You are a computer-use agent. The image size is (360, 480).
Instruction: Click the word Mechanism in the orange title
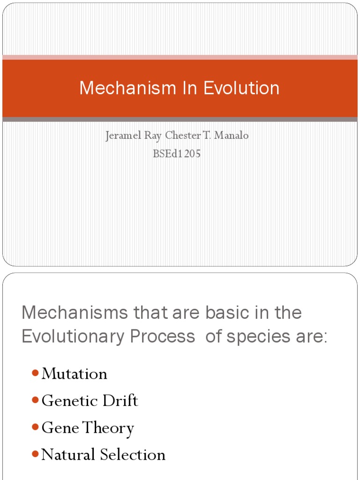point(127,88)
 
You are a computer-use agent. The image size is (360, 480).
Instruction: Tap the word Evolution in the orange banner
point(241,88)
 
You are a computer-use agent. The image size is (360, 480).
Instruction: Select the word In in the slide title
point(190,88)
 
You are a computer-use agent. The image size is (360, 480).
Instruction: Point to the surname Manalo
point(231,135)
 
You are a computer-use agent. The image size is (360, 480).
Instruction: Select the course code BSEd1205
point(177,153)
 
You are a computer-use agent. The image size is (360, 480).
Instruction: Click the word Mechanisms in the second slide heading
point(75,312)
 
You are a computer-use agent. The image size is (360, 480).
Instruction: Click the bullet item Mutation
point(75,374)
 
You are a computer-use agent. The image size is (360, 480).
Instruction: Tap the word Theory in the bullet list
point(108,428)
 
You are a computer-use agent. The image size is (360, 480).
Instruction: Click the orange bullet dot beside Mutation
point(35,373)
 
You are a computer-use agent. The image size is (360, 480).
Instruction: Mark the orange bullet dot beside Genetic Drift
point(35,400)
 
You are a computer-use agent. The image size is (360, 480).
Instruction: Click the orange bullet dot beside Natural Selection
point(35,454)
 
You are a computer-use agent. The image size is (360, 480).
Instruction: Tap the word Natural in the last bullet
point(68,454)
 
